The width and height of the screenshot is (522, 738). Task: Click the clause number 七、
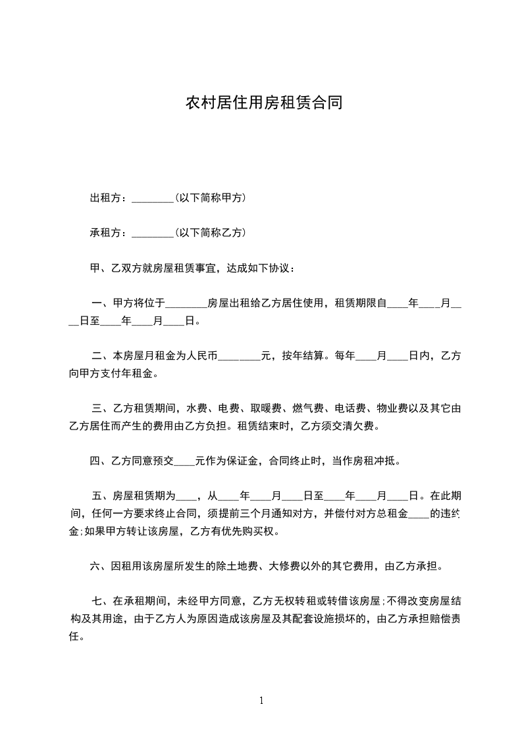click(x=102, y=601)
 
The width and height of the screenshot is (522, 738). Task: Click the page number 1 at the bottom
click(x=261, y=701)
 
